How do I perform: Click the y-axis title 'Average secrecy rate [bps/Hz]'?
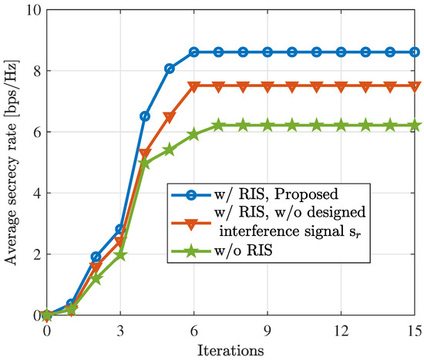click(11, 163)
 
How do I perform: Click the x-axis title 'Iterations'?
click(230, 348)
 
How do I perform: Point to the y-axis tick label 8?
click(33, 71)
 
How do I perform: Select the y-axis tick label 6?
click(33, 132)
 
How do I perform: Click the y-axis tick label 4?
click(33, 193)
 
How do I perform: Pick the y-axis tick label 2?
click(33, 254)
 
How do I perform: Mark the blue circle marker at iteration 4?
click(145, 116)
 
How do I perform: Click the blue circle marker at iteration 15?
click(414, 52)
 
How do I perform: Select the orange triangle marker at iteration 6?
click(193, 86)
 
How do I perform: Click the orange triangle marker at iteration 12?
click(341, 86)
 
